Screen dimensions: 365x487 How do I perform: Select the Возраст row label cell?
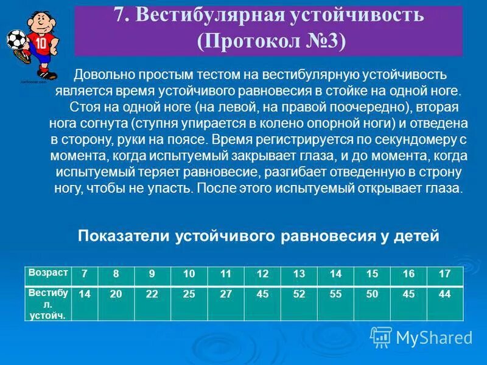tap(48, 273)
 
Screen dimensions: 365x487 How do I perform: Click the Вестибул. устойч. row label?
tap(48, 303)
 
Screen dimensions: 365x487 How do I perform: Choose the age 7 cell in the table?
tap(85, 274)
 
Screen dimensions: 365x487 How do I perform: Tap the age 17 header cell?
tap(444, 274)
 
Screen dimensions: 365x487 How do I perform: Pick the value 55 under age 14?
tap(335, 294)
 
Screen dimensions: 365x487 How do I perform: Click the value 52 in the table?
tap(299, 294)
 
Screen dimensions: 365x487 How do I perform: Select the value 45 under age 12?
tap(262, 294)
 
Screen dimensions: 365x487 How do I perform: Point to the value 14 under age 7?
tap(85, 294)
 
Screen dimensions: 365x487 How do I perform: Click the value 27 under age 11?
tap(226, 294)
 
